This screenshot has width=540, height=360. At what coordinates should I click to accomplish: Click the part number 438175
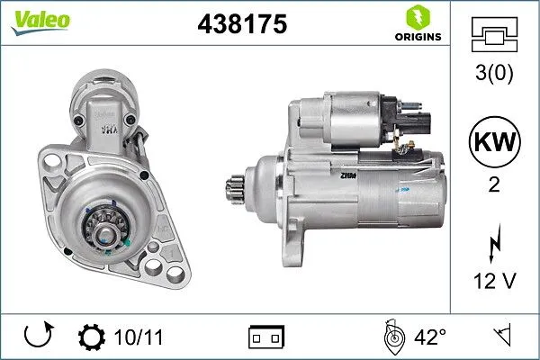pyautogui.click(x=241, y=25)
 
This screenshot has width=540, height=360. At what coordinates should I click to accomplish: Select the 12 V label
pyautogui.click(x=494, y=283)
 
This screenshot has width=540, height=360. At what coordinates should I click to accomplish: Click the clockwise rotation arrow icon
pyautogui.click(x=39, y=337)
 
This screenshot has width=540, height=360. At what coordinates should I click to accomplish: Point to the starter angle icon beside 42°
pyautogui.click(x=391, y=337)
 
